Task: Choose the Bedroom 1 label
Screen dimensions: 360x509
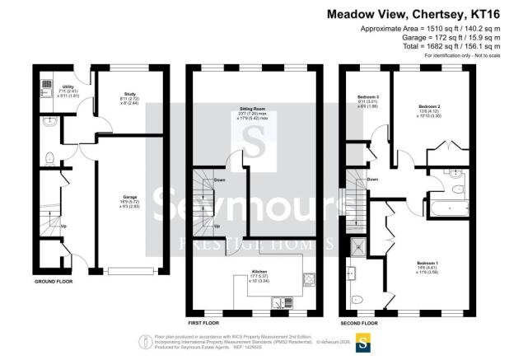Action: pos(427,262)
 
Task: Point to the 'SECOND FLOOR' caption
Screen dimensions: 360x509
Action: pos(359,313)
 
